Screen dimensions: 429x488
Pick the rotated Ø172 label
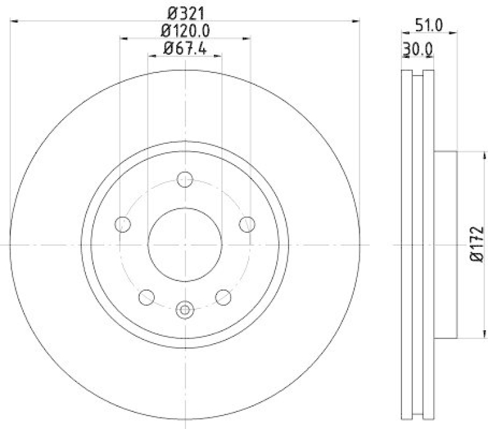tap(476, 244)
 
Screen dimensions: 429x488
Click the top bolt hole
tap(185, 179)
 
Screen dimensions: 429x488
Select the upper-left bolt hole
tap(123, 224)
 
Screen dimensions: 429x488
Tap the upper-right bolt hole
tap(247, 224)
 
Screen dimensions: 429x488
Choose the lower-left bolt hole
tap(146, 297)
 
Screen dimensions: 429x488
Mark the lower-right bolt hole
tap(224, 297)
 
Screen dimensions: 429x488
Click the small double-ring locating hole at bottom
tap(185, 310)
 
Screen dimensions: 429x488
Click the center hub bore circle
tap(185, 244)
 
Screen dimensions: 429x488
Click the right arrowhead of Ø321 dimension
tap(356, 21)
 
